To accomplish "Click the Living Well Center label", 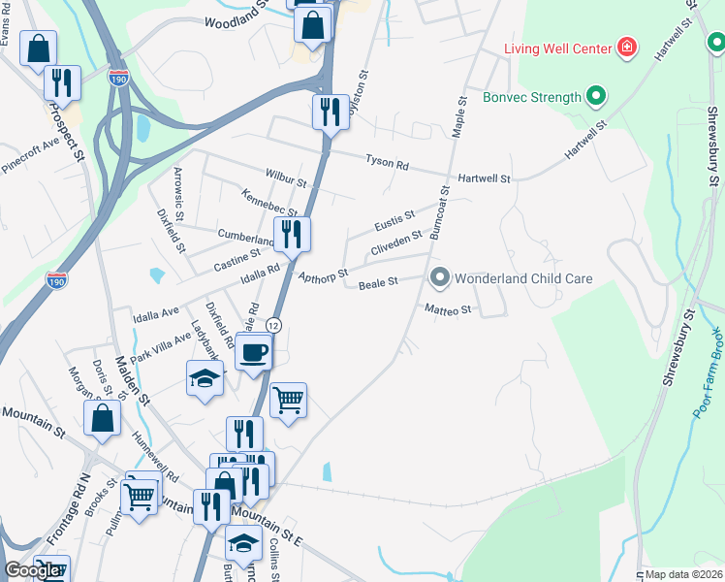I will coord(557,48).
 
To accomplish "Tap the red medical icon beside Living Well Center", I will coord(627,48).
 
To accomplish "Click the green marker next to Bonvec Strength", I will coord(596,96).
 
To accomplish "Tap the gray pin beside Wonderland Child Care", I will coord(439,278).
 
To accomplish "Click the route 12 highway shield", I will coord(275,324).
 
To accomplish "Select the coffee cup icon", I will coord(255,352).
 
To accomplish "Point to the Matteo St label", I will coord(447,309).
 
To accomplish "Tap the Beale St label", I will coord(379,284).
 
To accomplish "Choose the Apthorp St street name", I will coord(324,278).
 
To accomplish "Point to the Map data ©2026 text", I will coord(683,574).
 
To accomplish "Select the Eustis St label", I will coord(394,220).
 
